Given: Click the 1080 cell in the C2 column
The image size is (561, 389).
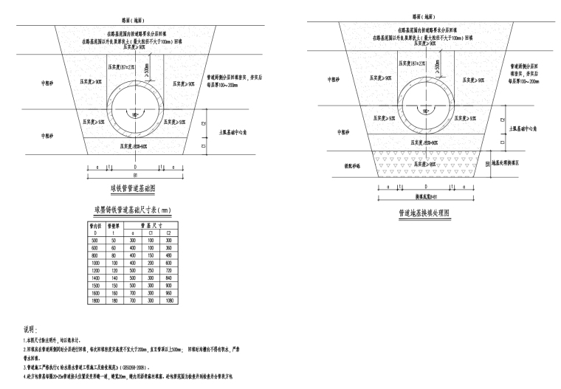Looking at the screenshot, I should [x=168, y=300].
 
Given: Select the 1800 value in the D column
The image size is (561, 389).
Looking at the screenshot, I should [x=95, y=300].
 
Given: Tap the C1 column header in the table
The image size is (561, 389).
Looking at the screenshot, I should [x=150, y=234].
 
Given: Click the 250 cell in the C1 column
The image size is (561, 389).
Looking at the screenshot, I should [x=150, y=270].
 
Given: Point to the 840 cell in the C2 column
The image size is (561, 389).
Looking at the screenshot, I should [x=168, y=277].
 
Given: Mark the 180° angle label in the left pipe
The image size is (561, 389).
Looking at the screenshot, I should [x=134, y=116].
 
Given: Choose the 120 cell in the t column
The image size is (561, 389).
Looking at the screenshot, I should [x=114, y=270].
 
